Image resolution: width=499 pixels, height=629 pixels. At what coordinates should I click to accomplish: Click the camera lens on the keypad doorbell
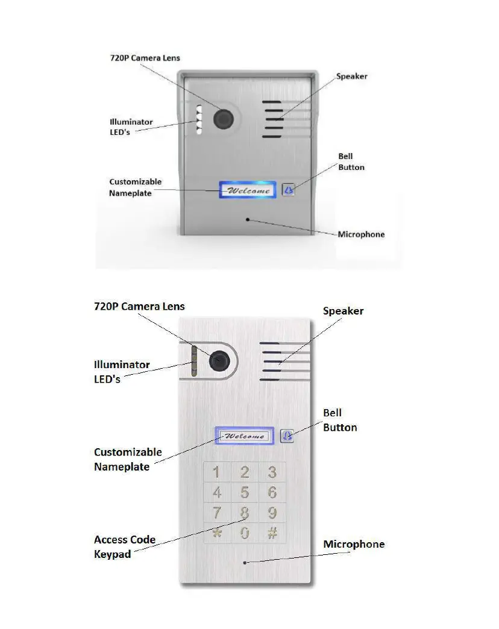[219, 361]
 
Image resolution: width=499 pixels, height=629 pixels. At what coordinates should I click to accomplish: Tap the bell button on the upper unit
[289, 190]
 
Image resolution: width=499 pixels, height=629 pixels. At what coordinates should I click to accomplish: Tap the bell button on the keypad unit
[287, 435]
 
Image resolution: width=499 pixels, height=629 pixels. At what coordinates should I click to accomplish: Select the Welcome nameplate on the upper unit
[248, 190]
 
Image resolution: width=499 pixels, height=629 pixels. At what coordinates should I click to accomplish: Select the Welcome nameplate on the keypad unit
[244, 436]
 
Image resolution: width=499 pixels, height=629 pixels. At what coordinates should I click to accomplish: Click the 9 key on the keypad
[272, 513]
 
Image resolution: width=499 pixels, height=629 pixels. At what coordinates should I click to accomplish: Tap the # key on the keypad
[272, 533]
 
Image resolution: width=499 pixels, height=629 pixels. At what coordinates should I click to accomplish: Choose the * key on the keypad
[217, 533]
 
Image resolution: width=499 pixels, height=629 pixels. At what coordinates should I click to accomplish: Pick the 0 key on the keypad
[245, 533]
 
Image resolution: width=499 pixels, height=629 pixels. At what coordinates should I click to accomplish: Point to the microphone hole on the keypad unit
[245, 563]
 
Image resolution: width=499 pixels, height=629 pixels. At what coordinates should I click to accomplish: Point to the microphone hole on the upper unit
[247, 219]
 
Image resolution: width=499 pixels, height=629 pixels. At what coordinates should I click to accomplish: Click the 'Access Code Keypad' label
[124, 546]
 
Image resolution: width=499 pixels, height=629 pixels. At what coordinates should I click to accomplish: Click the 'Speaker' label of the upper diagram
[351, 77]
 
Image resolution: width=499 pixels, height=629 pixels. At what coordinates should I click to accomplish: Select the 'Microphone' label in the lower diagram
[354, 544]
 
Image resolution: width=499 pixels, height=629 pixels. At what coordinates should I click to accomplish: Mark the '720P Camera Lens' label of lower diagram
[139, 306]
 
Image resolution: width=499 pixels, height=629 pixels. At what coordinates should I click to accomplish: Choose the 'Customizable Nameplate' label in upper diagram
[135, 187]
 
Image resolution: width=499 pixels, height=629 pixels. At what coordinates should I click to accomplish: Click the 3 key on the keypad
[272, 472]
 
